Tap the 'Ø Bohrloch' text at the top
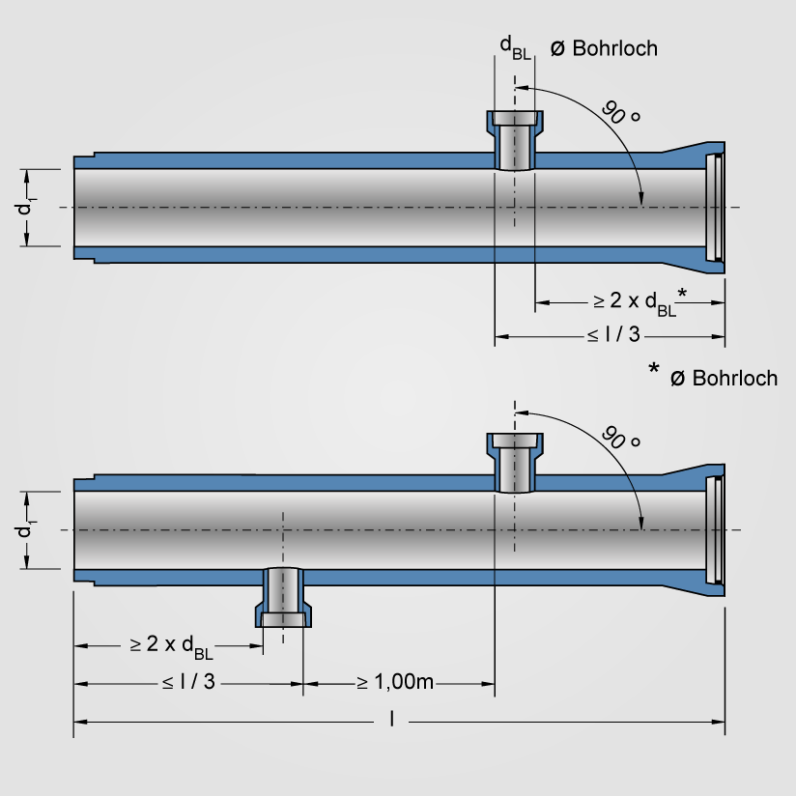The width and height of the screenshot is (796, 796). (x=603, y=47)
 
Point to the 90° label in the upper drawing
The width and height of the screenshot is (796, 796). (x=621, y=112)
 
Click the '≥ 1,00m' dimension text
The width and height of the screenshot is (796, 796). (x=395, y=682)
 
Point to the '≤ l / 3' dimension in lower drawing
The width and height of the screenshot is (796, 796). (x=188, y=682)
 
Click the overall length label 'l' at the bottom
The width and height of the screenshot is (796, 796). (x=391, y=719)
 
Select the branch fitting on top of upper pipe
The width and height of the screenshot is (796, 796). (x=514, y=139)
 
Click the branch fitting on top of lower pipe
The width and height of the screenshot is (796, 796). (x=514, y=462)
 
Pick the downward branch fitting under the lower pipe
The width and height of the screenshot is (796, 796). (x=283, y=598)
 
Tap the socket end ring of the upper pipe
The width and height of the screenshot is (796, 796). (x=715, y=208)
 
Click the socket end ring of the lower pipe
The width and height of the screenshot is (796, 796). (x=715, y=530)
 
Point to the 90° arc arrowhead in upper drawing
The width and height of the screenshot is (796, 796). (x=640, y=199)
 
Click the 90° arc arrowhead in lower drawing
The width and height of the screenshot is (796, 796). (x=640, y=522)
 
